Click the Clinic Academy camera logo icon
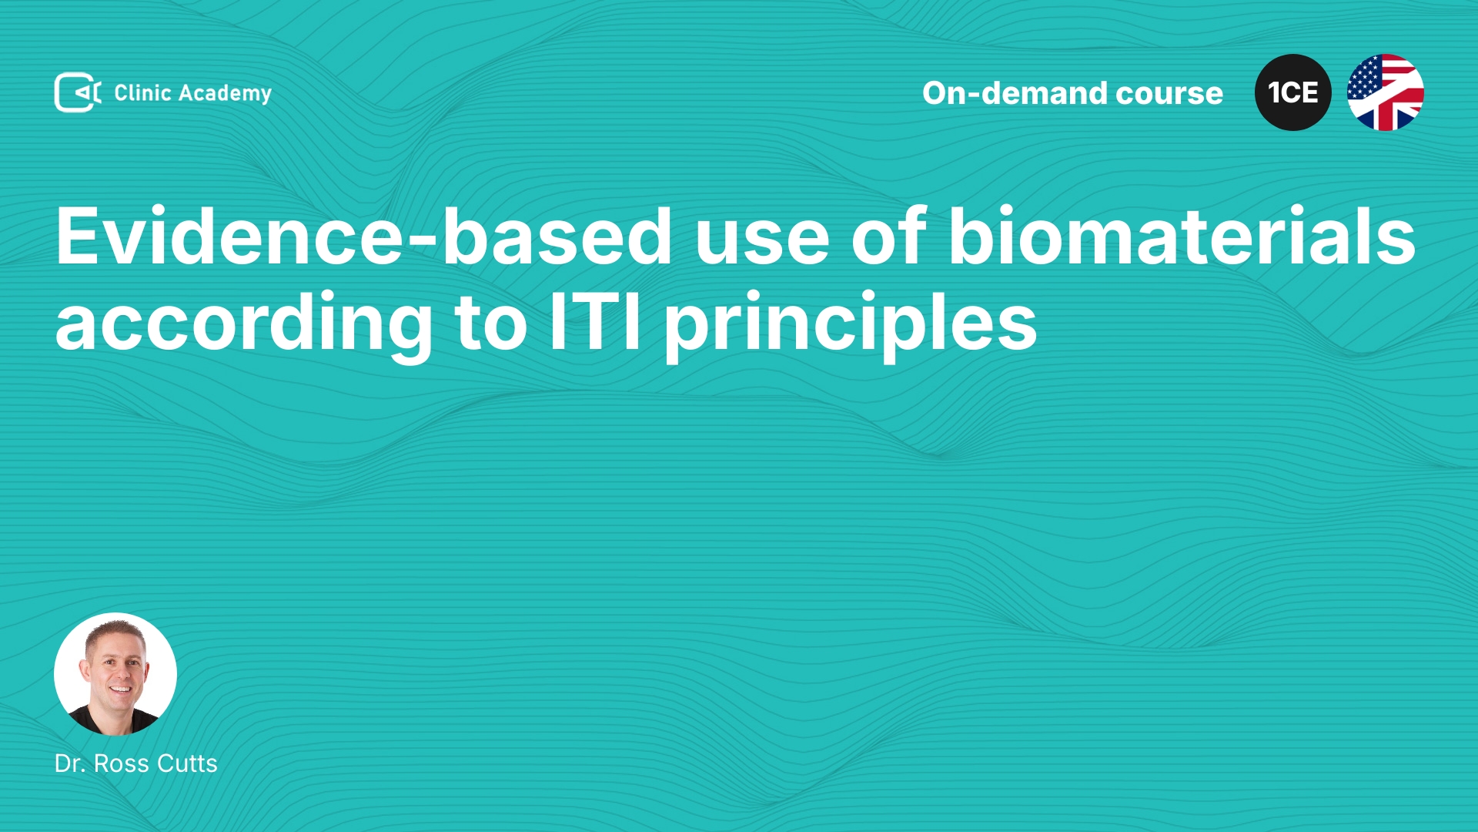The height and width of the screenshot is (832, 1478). pos(78,92)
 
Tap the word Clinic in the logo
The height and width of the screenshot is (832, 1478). pos(142,92)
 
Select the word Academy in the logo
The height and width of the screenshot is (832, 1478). pos(225,94)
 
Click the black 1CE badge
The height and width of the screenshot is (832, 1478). pos(1293,92)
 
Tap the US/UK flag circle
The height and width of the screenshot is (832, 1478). pos(1386,92)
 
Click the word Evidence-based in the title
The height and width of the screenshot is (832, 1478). pos(364,237)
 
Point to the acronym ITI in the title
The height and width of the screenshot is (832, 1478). pos(595,321)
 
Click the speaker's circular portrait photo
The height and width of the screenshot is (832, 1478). pos(115,674)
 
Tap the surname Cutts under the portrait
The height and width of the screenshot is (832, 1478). pos(187,763)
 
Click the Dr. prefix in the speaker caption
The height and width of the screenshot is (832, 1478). pos(70,763)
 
